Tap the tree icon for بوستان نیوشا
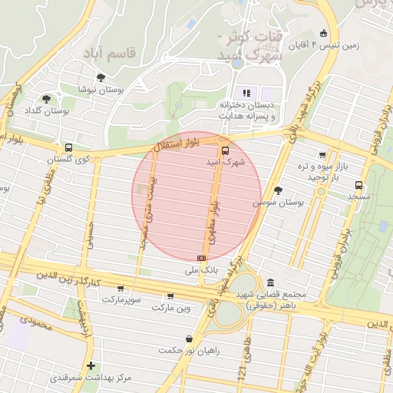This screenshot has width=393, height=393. pos(101,77)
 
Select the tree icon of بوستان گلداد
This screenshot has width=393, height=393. pos(48,99)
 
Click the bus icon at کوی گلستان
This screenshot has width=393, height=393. pos(68,147)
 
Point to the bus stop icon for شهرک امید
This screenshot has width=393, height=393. pos(225,151)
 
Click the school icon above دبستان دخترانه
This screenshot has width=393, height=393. pos(246,93)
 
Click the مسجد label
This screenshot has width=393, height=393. pos(358,196)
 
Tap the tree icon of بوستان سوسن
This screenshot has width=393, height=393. pos(277,190)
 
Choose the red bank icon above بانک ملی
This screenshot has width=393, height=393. pos(201,259)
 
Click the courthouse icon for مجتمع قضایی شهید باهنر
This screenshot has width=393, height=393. pos(270,282)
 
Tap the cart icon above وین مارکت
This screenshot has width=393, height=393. pos(170,296)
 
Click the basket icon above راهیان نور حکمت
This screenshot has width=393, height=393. pos(189,339)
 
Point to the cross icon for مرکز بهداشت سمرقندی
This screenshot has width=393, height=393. pos(91,365)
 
